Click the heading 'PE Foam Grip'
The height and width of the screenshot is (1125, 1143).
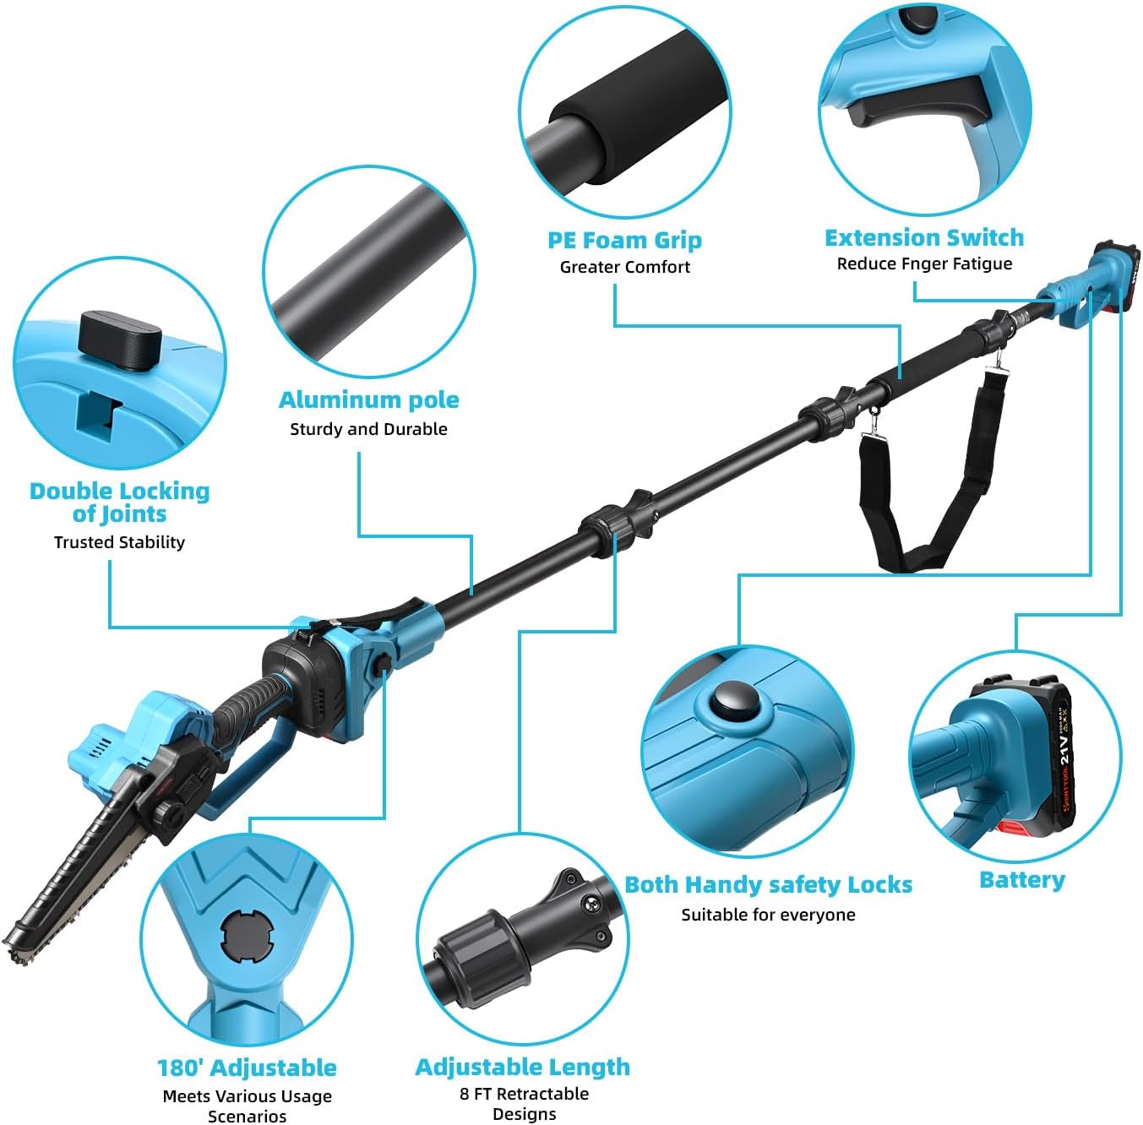(624, 241)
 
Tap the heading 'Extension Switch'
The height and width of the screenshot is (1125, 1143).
(924, 238)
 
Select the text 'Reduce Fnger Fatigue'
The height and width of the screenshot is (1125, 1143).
(924, 264)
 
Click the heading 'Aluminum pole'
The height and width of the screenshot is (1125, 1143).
(369, 400)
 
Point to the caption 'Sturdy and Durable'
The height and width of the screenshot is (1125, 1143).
(368, 429)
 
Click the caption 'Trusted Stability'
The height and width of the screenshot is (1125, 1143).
(119, 542)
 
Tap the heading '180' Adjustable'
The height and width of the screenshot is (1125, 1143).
(247, 1068)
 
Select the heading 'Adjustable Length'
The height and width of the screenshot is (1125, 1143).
(522, 1067)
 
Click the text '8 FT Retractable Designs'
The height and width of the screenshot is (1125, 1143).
(524, 1104)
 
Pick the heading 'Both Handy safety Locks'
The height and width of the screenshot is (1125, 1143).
(768, 885)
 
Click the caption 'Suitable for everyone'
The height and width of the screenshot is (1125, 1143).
(768, 915)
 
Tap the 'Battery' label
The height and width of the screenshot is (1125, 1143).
(1021, 880)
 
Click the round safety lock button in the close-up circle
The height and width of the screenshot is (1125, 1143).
(733, 700)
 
